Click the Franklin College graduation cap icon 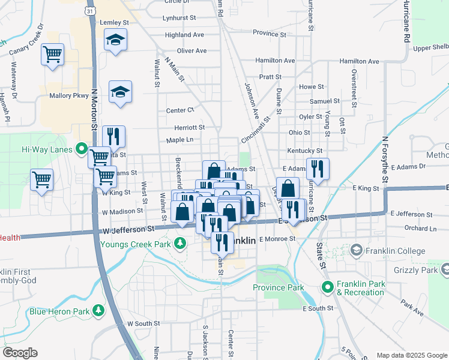click(356, 249)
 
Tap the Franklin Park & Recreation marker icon click(328, 287)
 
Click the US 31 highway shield click(89, 11)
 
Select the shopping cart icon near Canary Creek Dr click(52, 54)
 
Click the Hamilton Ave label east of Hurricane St click(359, 61)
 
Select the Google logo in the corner click(20, 353)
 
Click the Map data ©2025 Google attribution click(411, 355)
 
